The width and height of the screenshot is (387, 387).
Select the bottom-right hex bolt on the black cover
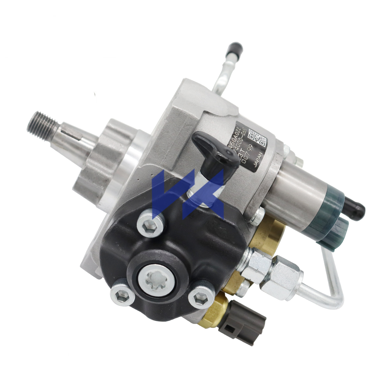(200, 297)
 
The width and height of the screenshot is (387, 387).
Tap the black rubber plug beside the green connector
(354, 209)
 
